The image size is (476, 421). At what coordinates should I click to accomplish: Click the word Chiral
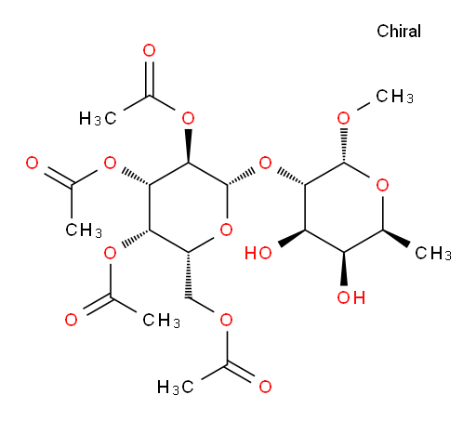point(399,32)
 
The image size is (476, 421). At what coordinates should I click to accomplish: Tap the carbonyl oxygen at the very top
point(149,50)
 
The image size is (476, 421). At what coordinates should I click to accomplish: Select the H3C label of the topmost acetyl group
point(98,119)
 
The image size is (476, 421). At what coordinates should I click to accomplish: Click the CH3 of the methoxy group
point(394,97)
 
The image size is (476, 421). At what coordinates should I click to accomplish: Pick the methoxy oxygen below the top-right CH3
point(343,118)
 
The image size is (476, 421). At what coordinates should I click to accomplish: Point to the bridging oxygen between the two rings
point(265,163)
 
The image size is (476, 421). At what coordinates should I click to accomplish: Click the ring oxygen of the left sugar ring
point(226,230)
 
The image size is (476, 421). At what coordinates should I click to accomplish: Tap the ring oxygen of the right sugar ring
point(382,185)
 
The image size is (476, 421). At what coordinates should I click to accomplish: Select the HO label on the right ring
point(258,253)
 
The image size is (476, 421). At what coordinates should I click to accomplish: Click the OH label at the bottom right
point(351,297)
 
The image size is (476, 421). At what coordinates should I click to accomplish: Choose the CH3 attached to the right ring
point(433,254)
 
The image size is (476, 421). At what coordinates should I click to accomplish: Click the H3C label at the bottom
point(176,388)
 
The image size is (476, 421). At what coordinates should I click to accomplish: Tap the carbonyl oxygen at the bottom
point(265,387)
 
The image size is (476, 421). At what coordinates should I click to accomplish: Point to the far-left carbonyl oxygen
point(32,163)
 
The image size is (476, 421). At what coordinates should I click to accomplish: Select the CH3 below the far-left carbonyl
point(84,230)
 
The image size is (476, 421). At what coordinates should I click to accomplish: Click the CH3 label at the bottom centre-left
point(161,321)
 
